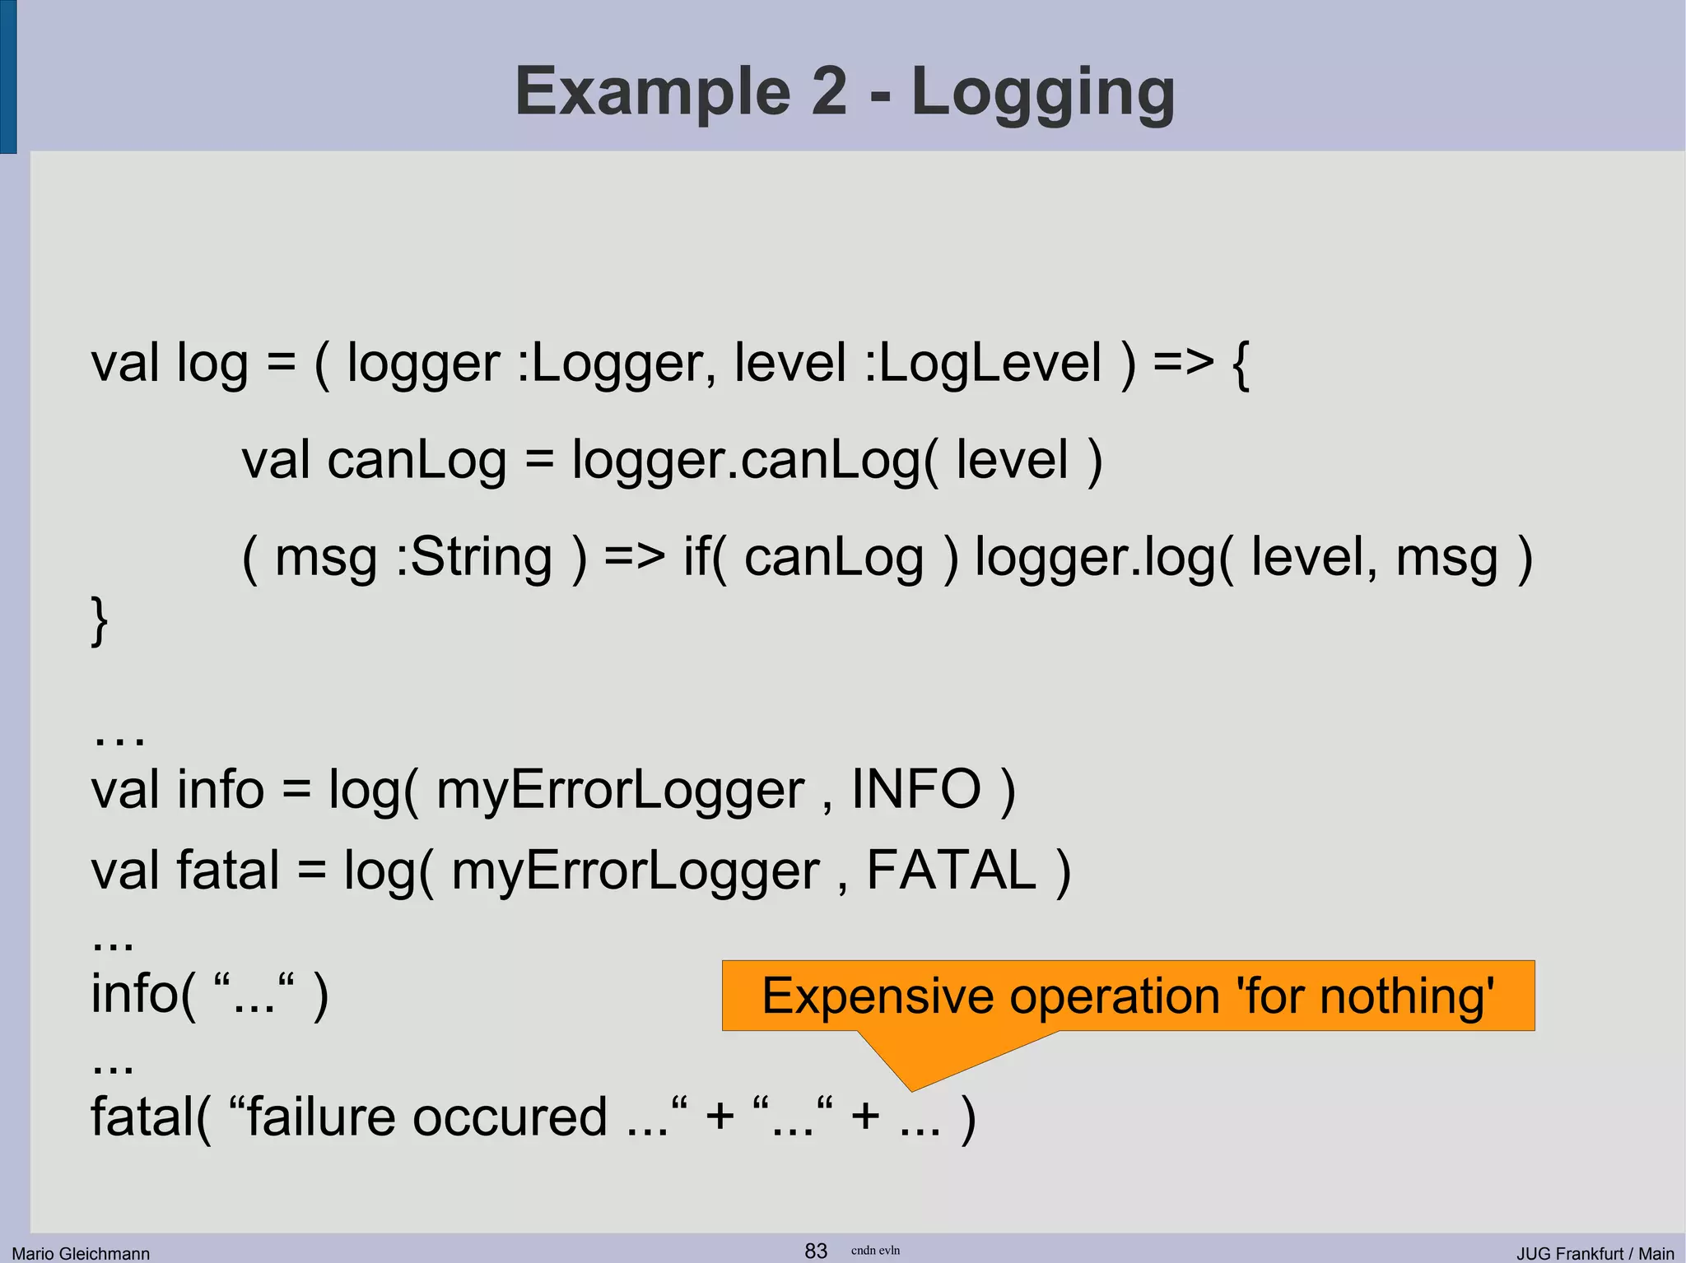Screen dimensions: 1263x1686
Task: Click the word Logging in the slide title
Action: (x=1043, y=92)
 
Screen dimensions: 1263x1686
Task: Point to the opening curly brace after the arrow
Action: (x=1240, y=365)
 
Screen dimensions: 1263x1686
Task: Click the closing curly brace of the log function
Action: (x=99, y=621)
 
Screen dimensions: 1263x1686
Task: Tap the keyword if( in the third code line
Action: (x=706, y=557)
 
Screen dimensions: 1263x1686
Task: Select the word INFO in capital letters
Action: (x=915, y=789)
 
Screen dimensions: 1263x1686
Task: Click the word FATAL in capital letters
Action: (x=951, y=870)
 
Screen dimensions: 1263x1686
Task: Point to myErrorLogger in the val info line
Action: (x=620, y=791)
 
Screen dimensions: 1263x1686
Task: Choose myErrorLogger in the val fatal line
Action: (x=636, y=871)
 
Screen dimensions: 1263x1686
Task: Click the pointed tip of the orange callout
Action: (x=911, y=1089)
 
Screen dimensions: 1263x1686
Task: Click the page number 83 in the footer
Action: (x=816, y=1251)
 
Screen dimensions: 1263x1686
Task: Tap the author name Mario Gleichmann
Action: (x=81, y=1253)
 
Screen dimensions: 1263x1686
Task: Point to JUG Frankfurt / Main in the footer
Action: (x=1595, y=1253)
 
